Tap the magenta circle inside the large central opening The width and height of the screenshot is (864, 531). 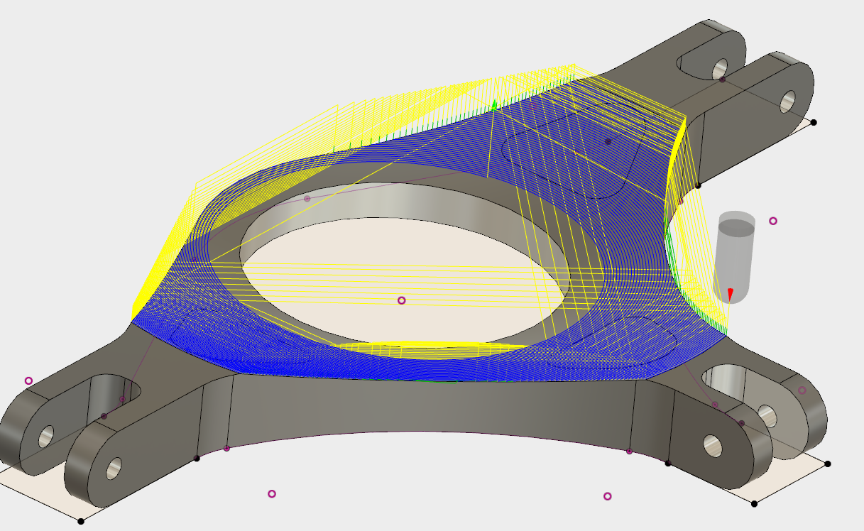[401, 300]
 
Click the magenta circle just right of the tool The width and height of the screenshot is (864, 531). [773, 221]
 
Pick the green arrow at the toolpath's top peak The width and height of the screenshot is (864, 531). [495, 105]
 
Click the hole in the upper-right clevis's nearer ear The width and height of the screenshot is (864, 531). [720, 68]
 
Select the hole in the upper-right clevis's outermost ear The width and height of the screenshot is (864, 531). [787, 102]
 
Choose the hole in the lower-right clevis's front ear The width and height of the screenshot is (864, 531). [711, 444]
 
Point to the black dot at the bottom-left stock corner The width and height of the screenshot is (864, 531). [81, 521]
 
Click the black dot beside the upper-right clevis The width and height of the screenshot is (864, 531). [814, 122]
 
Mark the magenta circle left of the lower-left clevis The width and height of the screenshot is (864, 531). [28, 381]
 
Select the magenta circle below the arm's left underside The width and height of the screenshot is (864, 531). [271, 493]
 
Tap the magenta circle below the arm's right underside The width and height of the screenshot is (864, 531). [607, 496]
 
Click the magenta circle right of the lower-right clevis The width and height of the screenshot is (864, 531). [802, 390]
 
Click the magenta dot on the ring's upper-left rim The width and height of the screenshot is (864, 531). [307, 199]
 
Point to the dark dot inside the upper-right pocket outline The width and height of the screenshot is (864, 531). [608, 141]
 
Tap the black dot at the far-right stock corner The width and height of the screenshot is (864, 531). [828, 464]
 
